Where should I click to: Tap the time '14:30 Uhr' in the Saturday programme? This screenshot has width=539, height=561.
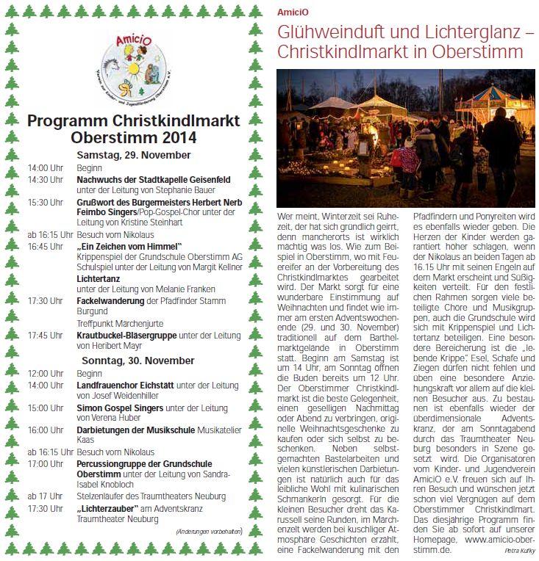(x=45, y=178)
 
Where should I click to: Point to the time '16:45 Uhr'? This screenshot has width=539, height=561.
(x=45, y=246)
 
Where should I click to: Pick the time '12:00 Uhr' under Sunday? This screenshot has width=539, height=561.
(x=45, y=373)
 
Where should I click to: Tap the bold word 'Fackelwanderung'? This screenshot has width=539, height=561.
(x=110, y=301)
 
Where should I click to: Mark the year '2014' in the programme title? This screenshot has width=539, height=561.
(x=179, y=137)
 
